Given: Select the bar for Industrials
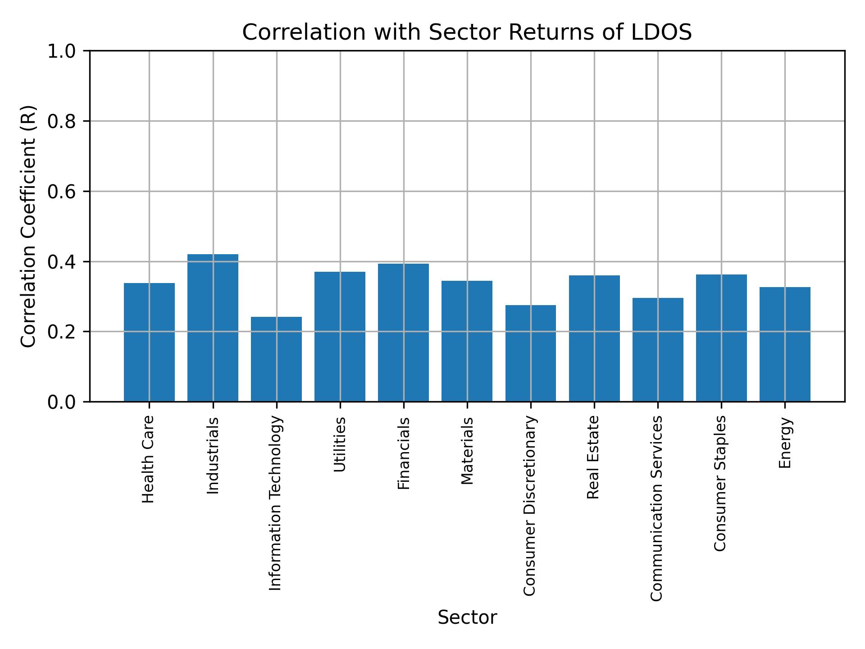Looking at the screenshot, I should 213,328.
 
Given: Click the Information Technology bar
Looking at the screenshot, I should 276,359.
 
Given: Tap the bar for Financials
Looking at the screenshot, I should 403,333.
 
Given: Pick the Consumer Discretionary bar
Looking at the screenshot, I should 530,353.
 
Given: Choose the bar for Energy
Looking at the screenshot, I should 784,344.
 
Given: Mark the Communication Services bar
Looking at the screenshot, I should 657,350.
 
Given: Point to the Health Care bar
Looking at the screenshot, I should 149,343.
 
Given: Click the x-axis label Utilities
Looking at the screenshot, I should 340,444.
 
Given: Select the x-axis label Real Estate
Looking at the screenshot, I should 593,457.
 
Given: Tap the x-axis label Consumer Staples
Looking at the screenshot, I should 720,483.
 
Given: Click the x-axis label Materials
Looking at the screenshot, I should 467,451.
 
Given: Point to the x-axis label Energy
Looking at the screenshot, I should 785,443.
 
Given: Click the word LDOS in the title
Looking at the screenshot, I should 661,32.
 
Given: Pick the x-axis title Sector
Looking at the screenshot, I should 467,617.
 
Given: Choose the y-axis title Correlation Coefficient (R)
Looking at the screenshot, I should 28,226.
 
